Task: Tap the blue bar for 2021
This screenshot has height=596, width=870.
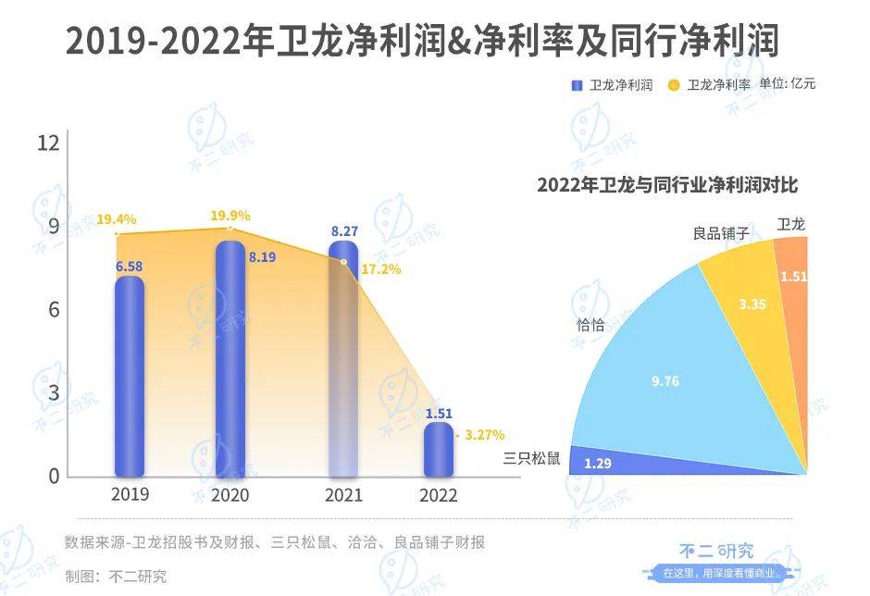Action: pyautogui.click(x=343, y=361)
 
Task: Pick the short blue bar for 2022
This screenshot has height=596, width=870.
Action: pyautogui.click(x=438, y=451)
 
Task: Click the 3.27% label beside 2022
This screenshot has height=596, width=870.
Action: pyautogui.click(x=484, y=434)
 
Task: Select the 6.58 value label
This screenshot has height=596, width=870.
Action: pyautogui.click(x=130, y=267)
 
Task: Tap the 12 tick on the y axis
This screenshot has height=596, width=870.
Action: pyautogui.click(x=48, y=143)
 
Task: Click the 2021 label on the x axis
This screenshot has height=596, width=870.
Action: pyautogui.click(x=343, y=495)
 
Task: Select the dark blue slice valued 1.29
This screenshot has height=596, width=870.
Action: pyautogui.click(x=648, y=460)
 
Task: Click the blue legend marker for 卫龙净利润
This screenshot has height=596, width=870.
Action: pyautogui.click(x=577, y=85)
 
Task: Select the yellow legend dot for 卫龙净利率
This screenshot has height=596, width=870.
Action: pyautogui.click(x=674, y=85)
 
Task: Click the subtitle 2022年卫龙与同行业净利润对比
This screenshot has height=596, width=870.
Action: pyautogui.click(x=666, y=184)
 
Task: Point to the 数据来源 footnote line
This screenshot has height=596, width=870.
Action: pyautogui.click(x=275, y=542)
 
